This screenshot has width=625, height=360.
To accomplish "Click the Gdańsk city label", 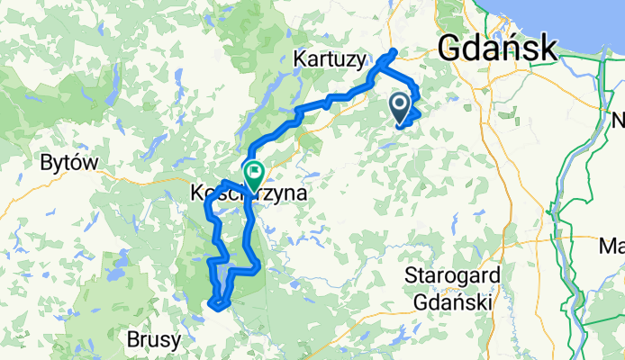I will (496, 48).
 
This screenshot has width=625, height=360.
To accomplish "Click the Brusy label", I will (153, 341).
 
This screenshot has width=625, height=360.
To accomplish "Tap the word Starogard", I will (448, 275).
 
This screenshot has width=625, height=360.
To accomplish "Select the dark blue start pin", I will (400, 109).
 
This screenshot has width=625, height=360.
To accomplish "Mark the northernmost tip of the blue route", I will (395, 49).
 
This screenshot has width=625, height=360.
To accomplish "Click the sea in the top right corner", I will (594, 22).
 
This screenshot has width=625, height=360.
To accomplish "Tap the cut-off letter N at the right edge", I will (619, 119).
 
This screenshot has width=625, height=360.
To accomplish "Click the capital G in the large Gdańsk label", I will (451, 48).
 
